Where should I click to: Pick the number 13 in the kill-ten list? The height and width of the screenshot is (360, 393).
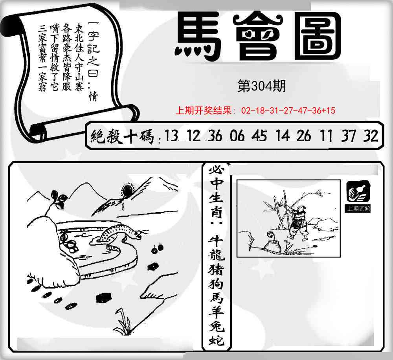[x=171, y=136]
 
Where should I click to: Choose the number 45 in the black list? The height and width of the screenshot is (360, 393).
[x=259, y=136]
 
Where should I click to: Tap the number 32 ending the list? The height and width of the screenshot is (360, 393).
[x=371, y=136]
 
